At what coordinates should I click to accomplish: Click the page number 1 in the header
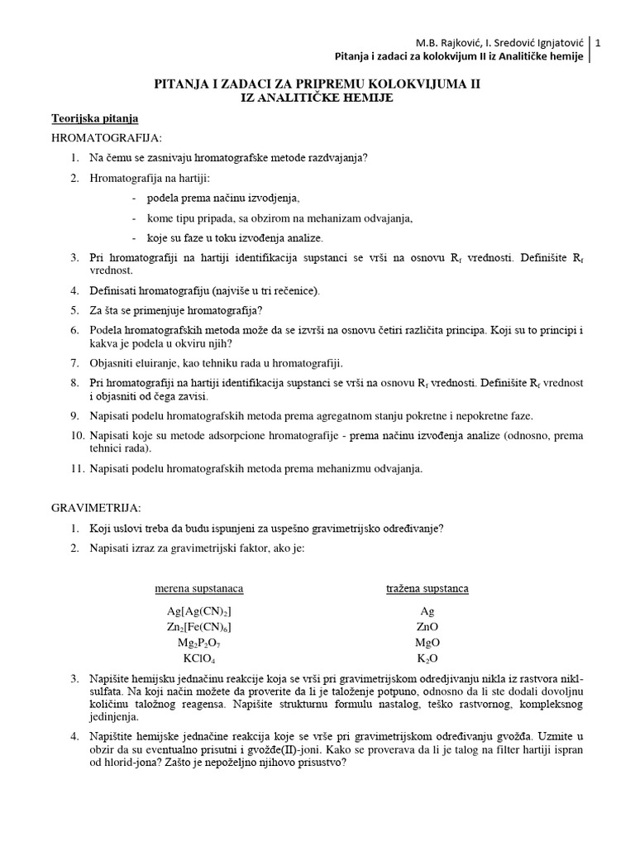coord(598,42)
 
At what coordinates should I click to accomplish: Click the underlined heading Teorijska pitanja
coord(95,118)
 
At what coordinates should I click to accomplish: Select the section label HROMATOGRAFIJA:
coord(107,137)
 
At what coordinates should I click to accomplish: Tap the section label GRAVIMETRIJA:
coord(97,507)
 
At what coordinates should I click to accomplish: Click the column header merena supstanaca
coord(199,589)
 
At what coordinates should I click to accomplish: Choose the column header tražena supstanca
coord(427,589)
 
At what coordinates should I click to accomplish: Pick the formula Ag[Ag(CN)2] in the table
coord(199,611)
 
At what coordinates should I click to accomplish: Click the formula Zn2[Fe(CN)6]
coord(199,627)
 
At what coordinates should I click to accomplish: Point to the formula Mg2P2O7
coord(199,643)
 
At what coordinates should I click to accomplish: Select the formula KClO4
coord(199,658)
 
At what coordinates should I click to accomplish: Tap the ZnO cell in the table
coord(427,627)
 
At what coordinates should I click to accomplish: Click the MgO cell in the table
coord(427,643)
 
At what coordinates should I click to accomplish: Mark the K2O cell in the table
coord(427,658)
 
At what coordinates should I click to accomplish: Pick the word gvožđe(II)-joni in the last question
coord(250,749)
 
